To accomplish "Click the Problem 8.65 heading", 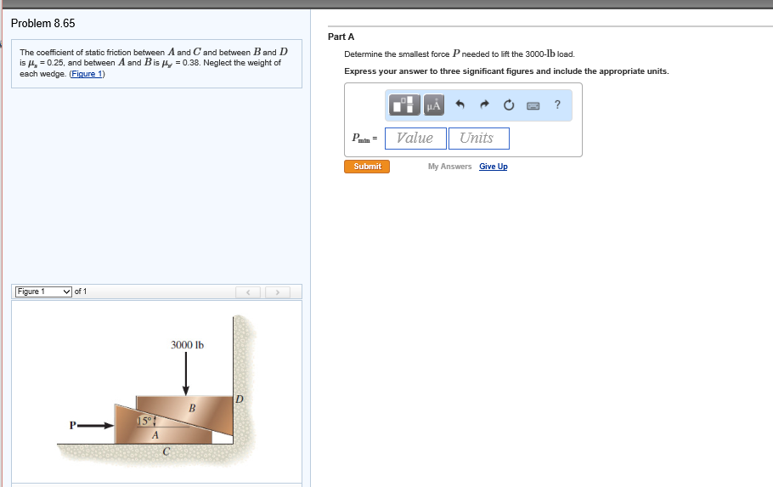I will pyautogui.click(x=43, y=23).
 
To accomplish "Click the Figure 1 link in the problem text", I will pyautogui.click(x=87, y=74).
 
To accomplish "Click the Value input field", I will pyautogui.click(x=415, y=139).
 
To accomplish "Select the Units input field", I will pyautogui.click(x=478, y=139).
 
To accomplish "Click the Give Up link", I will pyautogui.click(x=493, y=167).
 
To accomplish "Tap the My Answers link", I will pyautogui.click(x=449, y=167).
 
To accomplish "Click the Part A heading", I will pyautogui.click(x=341, y=37).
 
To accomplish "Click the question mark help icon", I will pyautogui.click(x=557, y=105).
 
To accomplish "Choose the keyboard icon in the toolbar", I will pyautogui.click(x=533, y=105).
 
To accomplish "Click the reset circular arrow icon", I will pyautogui.click(x=509, y=105).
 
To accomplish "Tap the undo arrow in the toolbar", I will pyautogui.click(x=460, y=105).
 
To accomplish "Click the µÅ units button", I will pyautogui.click(x=433, y=105).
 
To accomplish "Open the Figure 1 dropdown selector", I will pyautogui.click(x=44, y=292).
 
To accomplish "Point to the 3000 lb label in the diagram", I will pyautogui.click(x=187, y=344).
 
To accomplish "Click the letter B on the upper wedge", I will pyautogui.click(x=192, y=409).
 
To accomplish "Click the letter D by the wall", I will pyautogui.click(x=239, y=398).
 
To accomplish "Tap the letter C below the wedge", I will pyautogui.click(x=168, y=452).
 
